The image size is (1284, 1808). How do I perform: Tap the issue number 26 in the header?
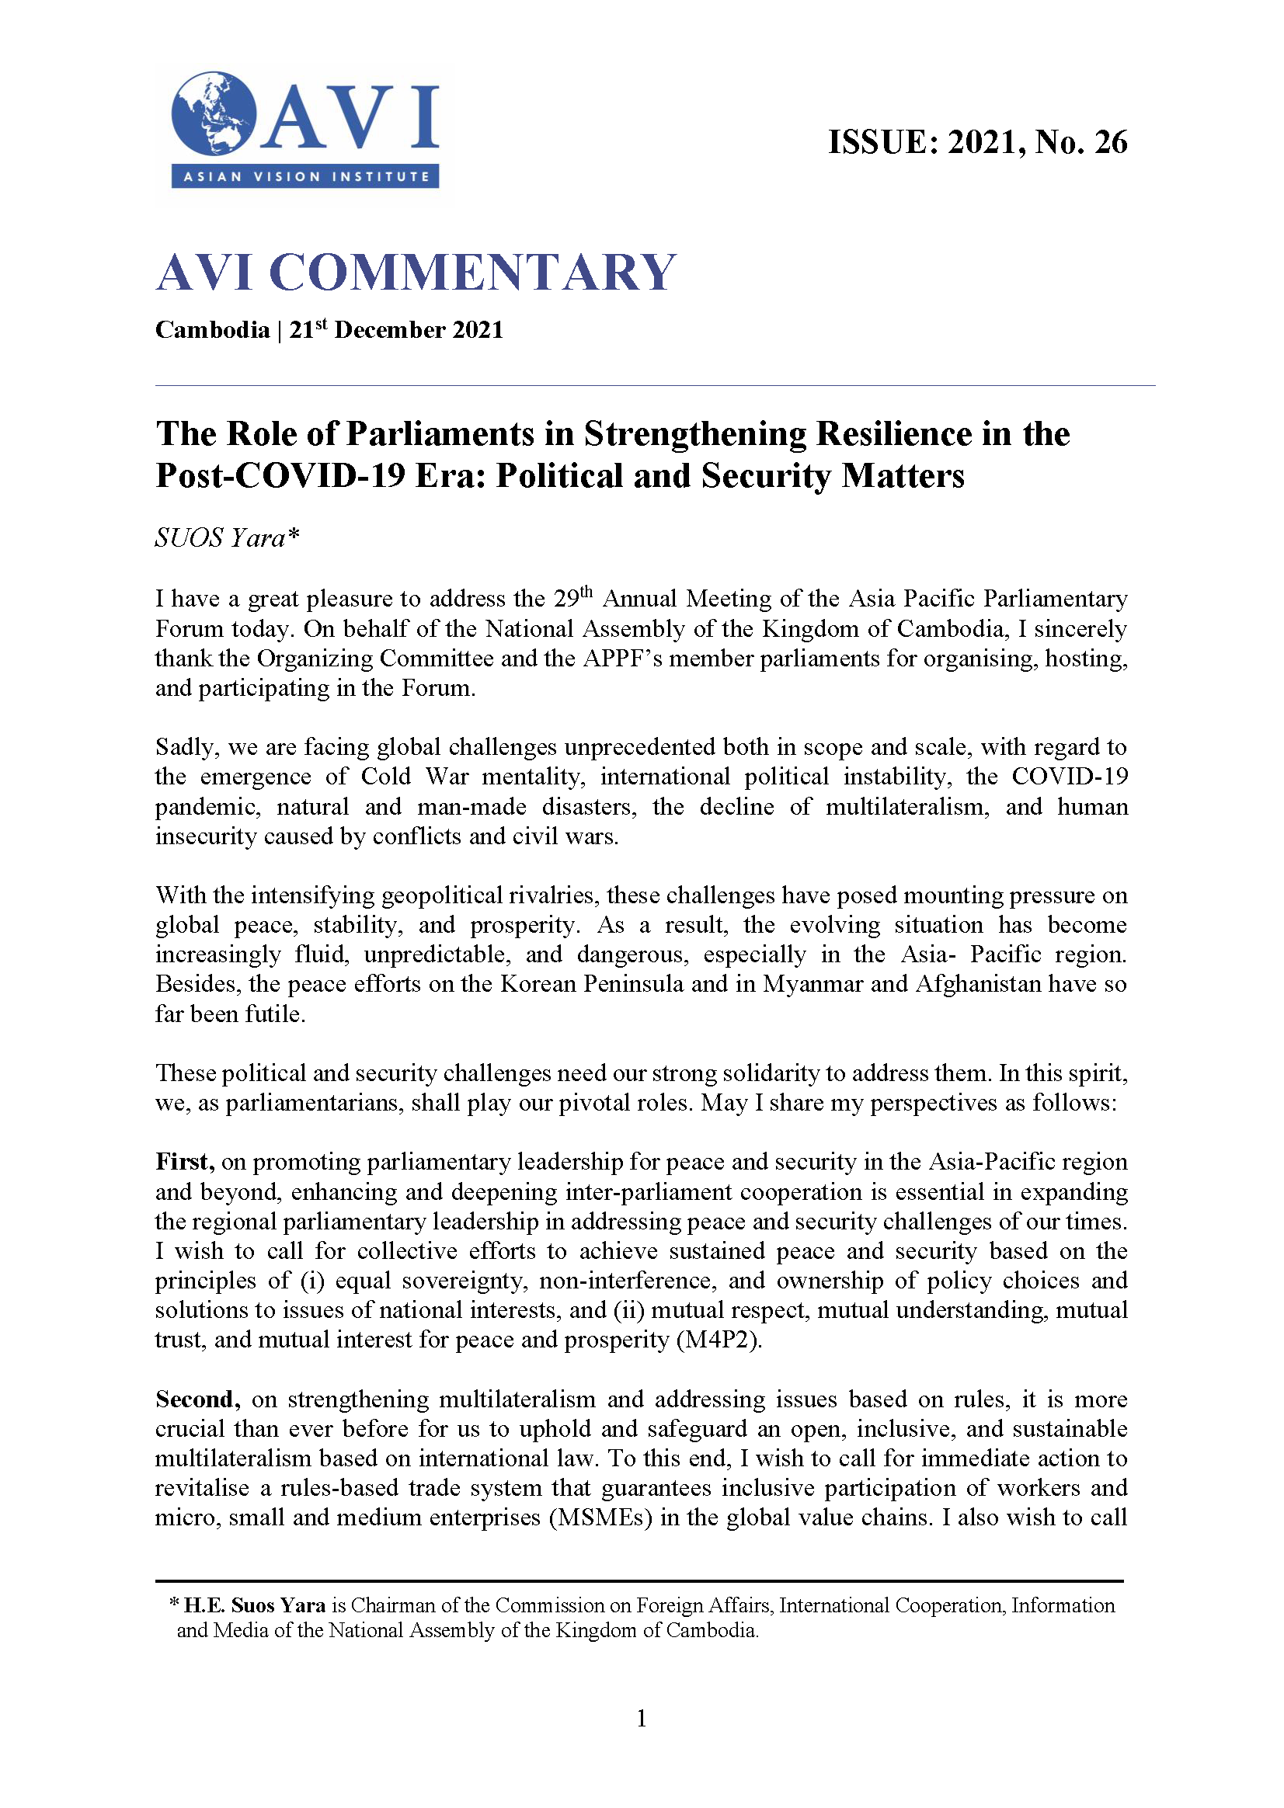click(x=1110, y=142)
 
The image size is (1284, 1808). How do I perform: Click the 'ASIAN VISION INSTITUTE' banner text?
click(x=306, y=176)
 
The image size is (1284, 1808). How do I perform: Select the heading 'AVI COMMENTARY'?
click(x=416, y=272)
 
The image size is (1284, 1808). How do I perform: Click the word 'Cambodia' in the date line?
click(x=212, y=329)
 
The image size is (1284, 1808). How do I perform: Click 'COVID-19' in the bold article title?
click(x=319, y=476)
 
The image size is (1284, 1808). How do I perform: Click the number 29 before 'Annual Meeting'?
click(x=565, y=599)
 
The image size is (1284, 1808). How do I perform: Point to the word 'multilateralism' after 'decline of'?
click(x=906, y=806)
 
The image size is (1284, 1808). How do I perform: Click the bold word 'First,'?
click(x=185, y=1162)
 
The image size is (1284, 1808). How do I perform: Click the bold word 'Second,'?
click(x=197, y=1399)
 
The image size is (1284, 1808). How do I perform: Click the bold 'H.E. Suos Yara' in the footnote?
click(x=255, y=1605)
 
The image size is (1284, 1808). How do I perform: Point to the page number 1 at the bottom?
click(x=641, y=1718)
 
